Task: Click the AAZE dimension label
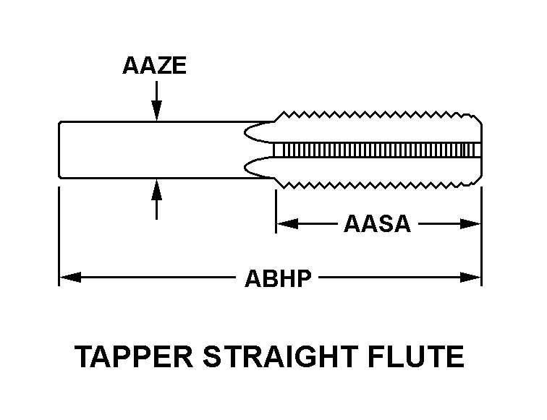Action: (154, 67)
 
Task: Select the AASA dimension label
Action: (377, 224)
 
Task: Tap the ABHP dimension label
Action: (277, 277)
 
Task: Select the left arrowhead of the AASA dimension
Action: (284, 224)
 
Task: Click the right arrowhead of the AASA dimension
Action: (474, 224)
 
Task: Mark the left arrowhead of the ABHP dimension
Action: (67, 277)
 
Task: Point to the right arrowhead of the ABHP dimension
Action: (474, 277)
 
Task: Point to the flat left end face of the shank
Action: (59, 149)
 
